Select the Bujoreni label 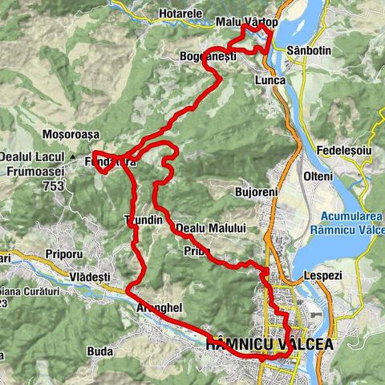pos(254,193)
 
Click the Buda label pos(99,351)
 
